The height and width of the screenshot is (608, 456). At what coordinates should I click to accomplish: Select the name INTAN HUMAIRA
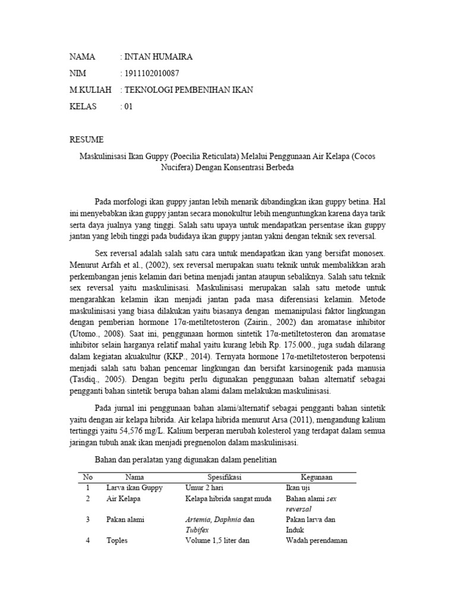click(158, 57)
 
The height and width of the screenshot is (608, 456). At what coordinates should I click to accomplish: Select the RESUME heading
click(87, 140)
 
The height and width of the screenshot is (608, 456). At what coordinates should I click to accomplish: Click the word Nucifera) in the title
click(179, 167)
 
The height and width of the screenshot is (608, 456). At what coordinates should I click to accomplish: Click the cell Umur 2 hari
click(204, 487)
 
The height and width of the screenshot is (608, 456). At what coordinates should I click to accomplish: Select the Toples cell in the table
click(117, 541)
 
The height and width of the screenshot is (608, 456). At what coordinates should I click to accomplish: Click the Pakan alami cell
click(125, 520)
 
